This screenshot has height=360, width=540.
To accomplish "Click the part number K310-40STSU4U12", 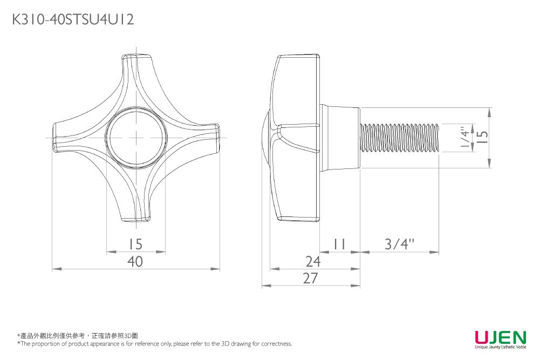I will pos(73,20).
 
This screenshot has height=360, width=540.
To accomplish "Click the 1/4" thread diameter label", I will pos(464,138).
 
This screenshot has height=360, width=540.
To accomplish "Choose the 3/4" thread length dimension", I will pos(399,244).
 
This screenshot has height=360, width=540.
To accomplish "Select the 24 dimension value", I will pos(313,262).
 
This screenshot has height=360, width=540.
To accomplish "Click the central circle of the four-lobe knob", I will pos(136,137).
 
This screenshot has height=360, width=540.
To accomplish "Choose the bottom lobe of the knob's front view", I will pos(136,208).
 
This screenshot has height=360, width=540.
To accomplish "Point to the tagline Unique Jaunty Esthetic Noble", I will pos(500,348).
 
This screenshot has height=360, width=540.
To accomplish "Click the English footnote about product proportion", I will pos(154,344).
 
